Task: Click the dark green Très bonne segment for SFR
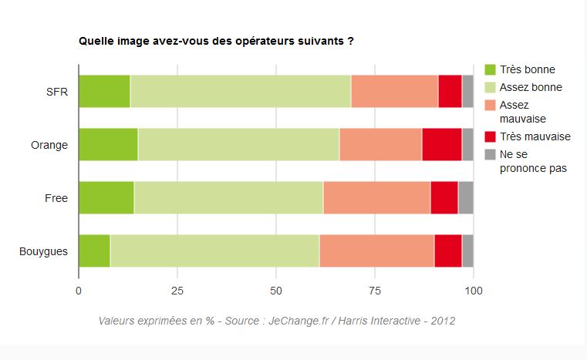tap(104, 92)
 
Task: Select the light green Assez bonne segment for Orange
tap(238, 145)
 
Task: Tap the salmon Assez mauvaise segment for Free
tap(376, 198)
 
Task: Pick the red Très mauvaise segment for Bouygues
tap(447, 251)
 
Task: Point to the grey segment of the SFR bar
tap(467, 92)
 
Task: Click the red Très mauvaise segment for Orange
tap(441, 145)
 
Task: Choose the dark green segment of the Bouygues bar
tap(94, 251)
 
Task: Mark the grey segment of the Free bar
tap(465, 198)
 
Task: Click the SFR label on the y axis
tap(57, 92)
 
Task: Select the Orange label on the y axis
tap(49, 145)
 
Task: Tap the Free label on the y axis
tap(56, 198)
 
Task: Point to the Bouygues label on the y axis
tap(43, 251)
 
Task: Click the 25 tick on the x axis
tap(177, 291)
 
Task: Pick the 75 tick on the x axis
tap(375, 291)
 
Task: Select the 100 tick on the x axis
tap(473, 291)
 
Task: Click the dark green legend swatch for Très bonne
tap(489, 69)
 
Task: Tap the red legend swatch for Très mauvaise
tap(489, 136)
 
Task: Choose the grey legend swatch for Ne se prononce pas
tap(489, 154)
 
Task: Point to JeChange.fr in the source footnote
tap(299, 320)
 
